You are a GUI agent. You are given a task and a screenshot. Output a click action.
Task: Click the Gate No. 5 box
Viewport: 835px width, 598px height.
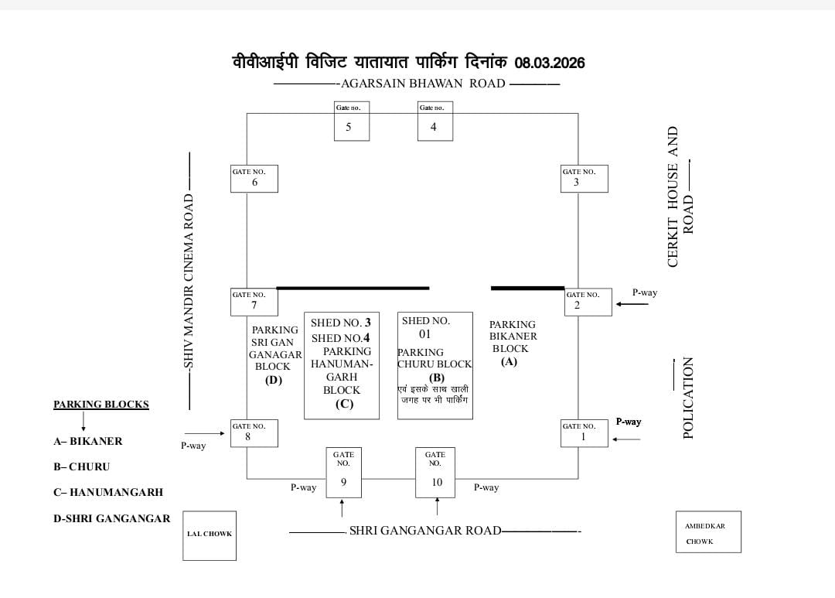point(351,121)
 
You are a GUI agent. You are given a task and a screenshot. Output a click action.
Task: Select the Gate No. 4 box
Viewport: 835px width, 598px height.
point(435,121)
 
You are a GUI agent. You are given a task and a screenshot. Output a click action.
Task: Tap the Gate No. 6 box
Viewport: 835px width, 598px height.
point(254,179)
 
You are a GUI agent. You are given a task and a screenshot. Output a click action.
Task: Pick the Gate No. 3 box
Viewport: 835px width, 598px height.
point(584,179)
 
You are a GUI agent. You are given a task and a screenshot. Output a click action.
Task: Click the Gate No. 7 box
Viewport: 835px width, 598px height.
point(254,302)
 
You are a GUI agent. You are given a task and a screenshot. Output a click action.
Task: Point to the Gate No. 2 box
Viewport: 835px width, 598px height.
point(588,302)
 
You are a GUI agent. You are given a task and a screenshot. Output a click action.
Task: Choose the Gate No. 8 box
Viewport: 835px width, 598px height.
point(254,433)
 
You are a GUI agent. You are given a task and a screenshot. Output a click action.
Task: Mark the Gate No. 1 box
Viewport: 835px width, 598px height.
point(584,433)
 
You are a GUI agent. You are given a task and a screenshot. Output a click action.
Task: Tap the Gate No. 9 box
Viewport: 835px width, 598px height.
point(343,473)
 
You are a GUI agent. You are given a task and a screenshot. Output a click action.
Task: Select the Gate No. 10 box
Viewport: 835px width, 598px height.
point(435,473)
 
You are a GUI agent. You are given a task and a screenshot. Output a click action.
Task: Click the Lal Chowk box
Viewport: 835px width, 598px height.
point(210,535)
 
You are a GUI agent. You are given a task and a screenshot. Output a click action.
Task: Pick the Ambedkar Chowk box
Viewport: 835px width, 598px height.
point(708,532)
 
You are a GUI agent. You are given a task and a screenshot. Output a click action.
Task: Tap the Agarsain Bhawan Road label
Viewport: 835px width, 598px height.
point(423,84)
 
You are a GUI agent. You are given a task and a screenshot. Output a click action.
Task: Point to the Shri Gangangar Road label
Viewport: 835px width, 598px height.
point(425,531)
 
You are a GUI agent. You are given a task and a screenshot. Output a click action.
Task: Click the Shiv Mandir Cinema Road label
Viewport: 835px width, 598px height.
point(188,280)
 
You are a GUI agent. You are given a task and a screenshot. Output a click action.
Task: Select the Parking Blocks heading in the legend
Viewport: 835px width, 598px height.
point(101,405)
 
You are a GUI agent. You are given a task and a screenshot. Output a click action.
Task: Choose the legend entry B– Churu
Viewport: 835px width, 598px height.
point(81,467)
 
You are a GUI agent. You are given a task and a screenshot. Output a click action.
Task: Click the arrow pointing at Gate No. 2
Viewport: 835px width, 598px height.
point(632,304)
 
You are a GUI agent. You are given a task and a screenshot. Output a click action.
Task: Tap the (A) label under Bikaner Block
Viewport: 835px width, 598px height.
point(509,362)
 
